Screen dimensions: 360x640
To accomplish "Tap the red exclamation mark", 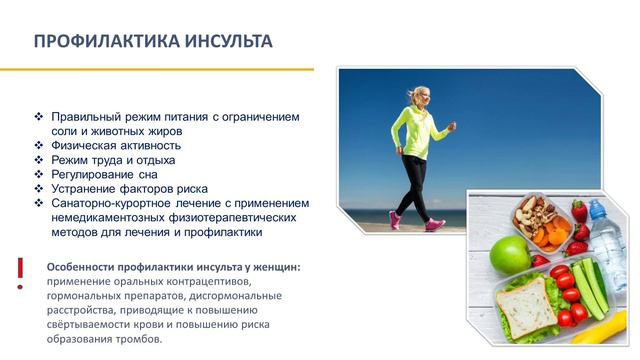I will tap(20, 273).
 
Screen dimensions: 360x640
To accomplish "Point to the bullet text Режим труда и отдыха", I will tap(113, 159).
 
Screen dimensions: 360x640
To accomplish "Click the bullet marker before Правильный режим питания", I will tap(39, 117).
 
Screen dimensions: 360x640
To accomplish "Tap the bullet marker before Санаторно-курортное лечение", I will tap(39, 203).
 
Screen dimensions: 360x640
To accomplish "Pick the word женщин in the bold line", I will tap(273, 267).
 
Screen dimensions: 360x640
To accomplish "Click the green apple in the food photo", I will tap(509, 256).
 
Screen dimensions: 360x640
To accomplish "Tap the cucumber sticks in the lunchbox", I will tap(593, 287).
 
